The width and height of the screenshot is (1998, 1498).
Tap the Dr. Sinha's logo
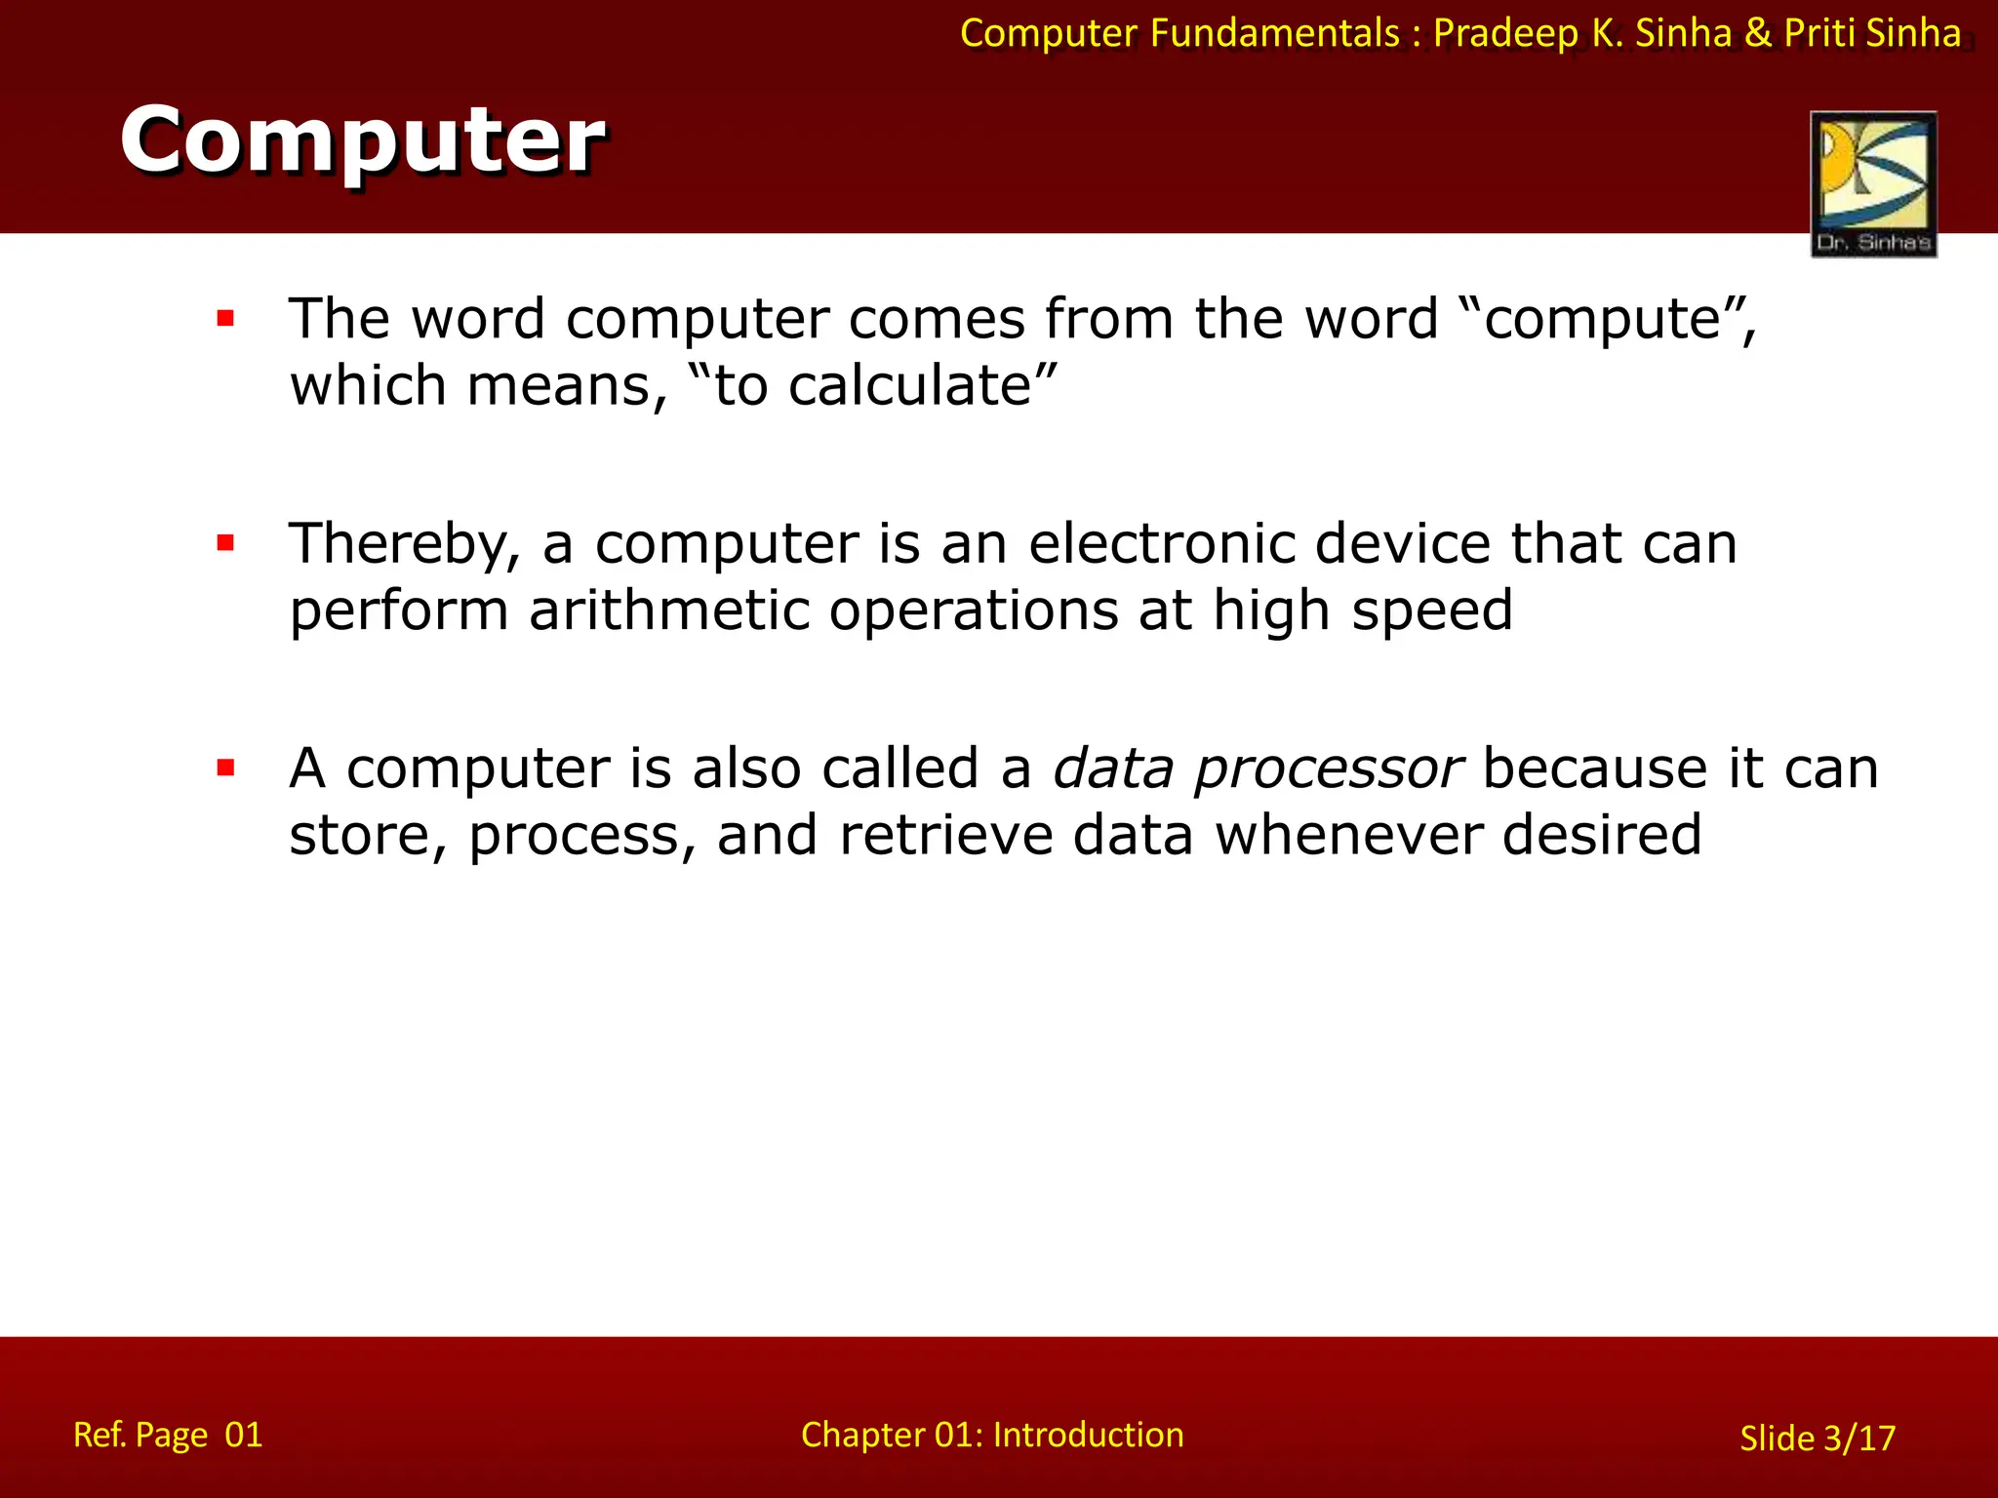point(1873,183)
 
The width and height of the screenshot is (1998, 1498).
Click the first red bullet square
point(226,318)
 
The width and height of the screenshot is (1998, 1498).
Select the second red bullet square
point(226,543)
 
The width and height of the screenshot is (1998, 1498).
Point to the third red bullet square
point(226,769)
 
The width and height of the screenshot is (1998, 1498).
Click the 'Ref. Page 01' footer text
point(168,1435)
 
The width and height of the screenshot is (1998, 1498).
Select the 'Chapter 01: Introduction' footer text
point(992,1435)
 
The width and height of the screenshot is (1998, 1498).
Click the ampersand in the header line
point(1758,33)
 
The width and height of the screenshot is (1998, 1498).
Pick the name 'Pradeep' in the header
point(1505,34)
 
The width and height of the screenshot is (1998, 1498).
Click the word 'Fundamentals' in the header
point(1275,33)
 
